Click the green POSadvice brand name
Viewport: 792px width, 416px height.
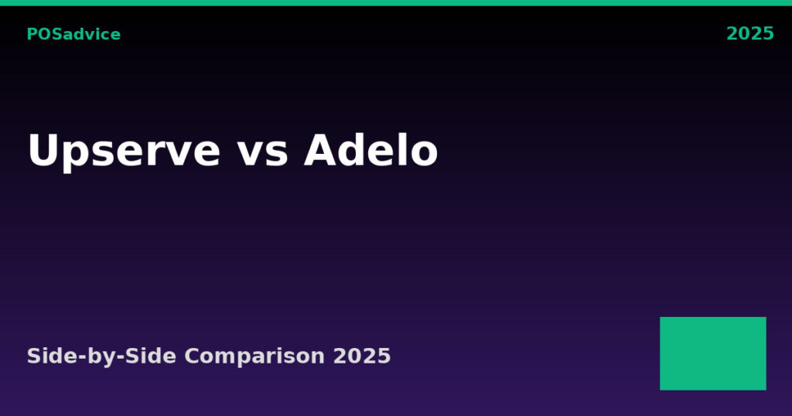pos(73,34)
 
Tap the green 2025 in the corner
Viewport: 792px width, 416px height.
pos(750,34)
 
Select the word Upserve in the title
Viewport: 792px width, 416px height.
pos(125,152)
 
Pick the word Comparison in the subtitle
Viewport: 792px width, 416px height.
pos(254,356)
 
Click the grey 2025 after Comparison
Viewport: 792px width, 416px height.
pos(362,356)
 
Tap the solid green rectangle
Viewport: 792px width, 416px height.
pos(712,353)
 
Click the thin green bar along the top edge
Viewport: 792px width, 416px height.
pos(396,2)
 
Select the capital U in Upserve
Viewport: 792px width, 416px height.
pos(44,150)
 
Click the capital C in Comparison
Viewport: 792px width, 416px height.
pos(193,356)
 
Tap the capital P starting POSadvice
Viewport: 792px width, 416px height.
pos(32,34)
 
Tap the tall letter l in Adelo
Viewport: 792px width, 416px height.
pos(402,149)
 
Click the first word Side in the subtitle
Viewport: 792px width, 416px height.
pos(51,356)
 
